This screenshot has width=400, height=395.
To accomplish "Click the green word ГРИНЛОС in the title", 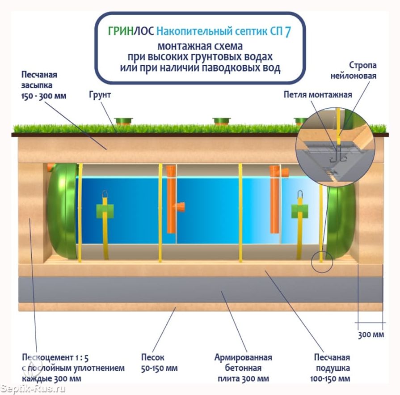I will click(131, 31).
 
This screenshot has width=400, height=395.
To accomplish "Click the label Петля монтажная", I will click(318, 95).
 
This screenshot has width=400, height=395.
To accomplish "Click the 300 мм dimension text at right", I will click(371, 335).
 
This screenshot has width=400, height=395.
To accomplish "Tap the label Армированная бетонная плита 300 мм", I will click(243, 368).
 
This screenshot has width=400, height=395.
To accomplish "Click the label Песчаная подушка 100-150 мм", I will click(332, 368).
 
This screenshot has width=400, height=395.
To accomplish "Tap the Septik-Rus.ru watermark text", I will click(33, 388).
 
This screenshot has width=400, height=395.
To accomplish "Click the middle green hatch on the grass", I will click(221, 121).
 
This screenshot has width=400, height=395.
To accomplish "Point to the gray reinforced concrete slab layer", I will click(201, 290).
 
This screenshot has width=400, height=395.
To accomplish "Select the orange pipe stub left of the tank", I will click(50, 168).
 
